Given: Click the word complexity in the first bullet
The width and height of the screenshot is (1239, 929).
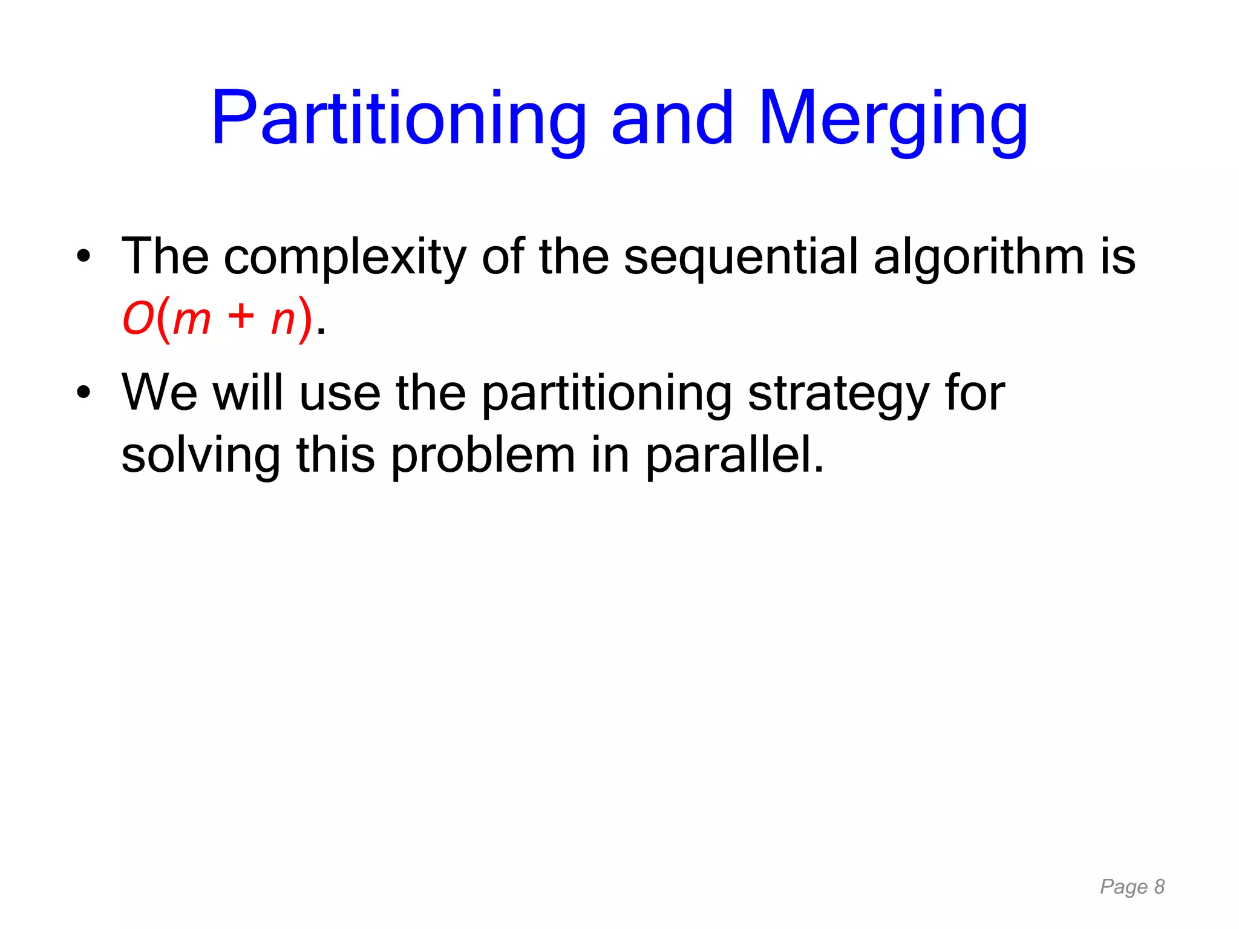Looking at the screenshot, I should [345, 257].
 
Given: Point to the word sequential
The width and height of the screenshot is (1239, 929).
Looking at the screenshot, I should [740, 257].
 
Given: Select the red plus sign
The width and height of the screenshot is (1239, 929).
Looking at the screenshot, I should [241, 317].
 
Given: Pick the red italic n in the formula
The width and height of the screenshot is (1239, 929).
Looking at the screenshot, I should [283, 320].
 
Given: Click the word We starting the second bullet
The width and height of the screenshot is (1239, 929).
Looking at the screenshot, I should [159, 393].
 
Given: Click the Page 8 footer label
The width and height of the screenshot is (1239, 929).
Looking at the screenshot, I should [1132, 887].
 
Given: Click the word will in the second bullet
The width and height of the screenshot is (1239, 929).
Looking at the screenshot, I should [247, 393].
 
